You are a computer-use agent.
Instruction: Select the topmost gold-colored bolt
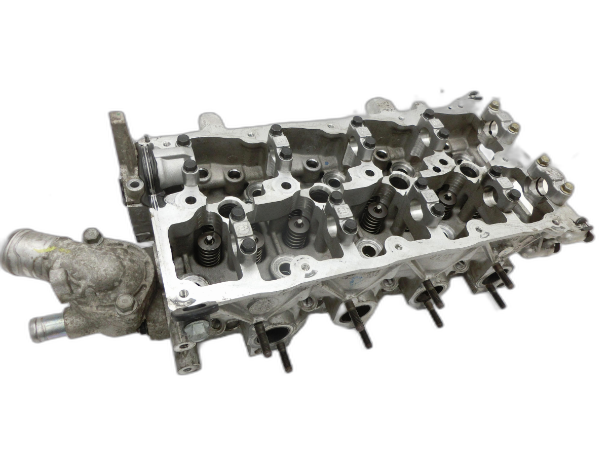click(493, 105)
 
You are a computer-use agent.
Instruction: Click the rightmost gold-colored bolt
click(567, 187)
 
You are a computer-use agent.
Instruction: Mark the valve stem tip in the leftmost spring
click(208, 236)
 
